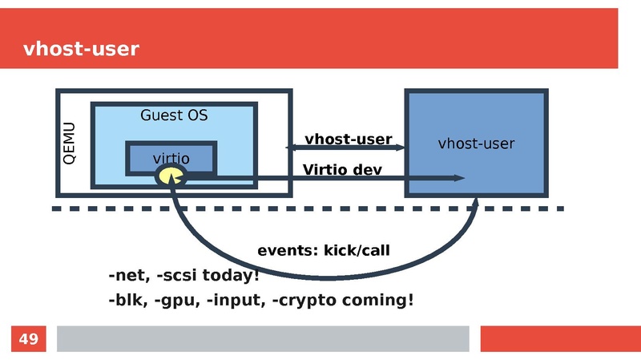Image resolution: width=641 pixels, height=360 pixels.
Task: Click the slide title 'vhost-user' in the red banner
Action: tap(81, 50)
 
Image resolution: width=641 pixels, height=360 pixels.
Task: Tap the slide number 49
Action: tap(28, 339)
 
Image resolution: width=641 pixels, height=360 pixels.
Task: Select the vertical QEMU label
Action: tap(70, 144)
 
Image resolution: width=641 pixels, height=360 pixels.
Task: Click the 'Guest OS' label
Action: tap(174, 115)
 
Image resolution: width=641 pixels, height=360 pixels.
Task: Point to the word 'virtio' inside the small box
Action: tap(171, 159)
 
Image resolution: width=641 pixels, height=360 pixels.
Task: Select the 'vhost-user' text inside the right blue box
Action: tap(476, 144)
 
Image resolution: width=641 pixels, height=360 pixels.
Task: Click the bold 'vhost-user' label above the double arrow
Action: tap(348, 140)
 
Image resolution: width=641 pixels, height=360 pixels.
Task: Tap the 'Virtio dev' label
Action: tap(342, 170)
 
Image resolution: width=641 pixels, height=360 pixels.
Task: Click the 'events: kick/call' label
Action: tap(323, 251)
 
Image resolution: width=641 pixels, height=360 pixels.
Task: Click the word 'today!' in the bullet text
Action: tap(231, 277)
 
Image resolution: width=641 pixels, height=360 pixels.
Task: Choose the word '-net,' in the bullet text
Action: tap(128, 277)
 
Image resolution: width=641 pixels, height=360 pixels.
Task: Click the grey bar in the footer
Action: tap(262, 338)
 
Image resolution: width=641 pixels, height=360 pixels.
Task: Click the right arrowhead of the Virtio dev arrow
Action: tap(459, 178)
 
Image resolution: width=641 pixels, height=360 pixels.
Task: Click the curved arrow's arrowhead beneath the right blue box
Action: tap(475, 204)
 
